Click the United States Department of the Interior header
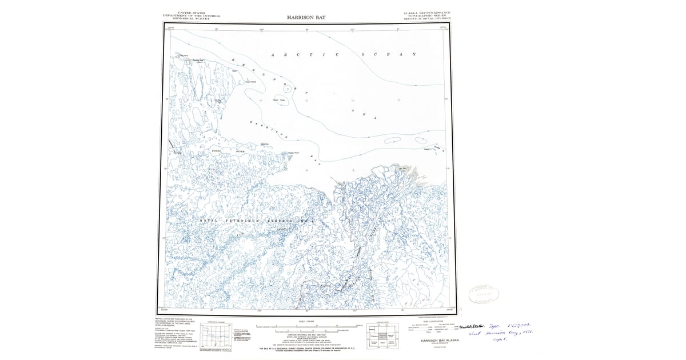(192, 15)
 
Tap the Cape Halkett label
(250, 82)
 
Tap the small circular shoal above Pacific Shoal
(286, 88)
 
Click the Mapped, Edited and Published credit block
(174, 323)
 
